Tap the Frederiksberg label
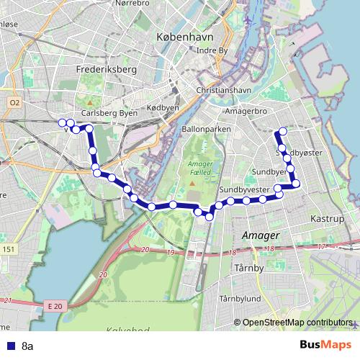tap(106, 70)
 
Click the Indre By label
tap(212, 50)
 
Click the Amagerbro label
tap(246, 113)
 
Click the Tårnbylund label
tap(240, 298)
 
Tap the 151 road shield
tap(9, 249)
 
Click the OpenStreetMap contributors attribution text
tap(297, 322)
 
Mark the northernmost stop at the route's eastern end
tap(282, 131)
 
